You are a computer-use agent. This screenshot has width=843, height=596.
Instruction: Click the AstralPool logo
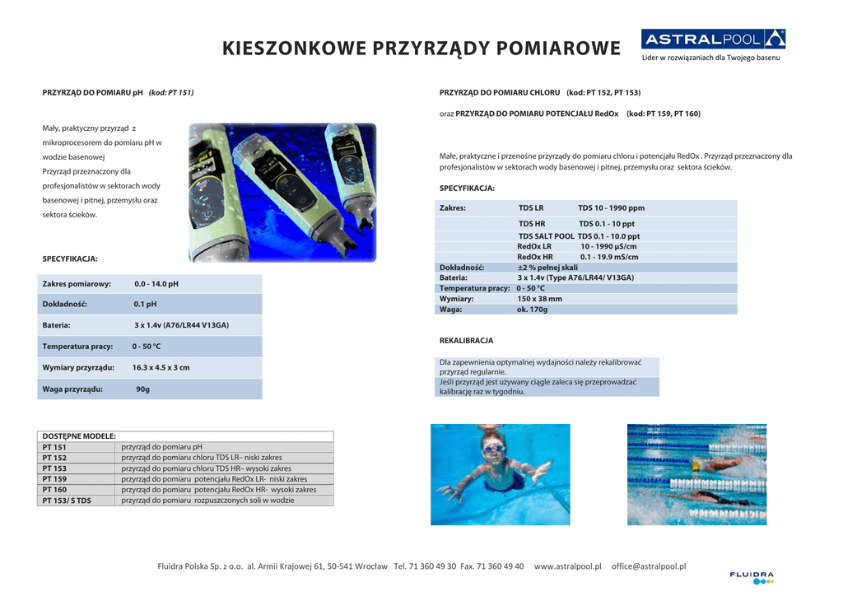click(713, 40)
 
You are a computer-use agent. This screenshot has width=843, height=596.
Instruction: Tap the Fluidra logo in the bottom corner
click(751, 577)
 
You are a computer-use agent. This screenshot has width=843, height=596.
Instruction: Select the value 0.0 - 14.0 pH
click(156, 284)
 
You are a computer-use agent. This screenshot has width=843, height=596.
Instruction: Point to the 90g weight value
click(142, 389)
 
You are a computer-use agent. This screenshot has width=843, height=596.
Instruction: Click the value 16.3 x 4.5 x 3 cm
click(161, 368)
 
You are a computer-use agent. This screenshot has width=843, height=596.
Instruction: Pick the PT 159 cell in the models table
click(55, 478)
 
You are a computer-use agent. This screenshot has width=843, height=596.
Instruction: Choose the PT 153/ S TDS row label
click(67, 500)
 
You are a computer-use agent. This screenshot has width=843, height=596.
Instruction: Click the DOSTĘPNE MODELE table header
click(79, 436)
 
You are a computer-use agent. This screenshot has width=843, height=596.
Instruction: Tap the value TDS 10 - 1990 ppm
click(611, 208)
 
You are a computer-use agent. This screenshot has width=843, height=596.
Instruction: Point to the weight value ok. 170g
click(532, 310)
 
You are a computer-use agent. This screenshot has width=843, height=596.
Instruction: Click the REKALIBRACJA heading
click(466, 340)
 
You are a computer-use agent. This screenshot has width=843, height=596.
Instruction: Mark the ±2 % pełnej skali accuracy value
click(547, 268)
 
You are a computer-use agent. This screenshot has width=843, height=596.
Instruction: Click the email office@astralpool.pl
click(649, 566)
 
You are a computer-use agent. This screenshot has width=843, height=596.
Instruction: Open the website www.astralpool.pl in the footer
click(567, 566)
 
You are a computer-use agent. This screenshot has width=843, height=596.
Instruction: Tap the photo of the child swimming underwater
click(500, 474)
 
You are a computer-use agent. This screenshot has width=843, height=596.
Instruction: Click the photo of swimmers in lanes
click(696, 474)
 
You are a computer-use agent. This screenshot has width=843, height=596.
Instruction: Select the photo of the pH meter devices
click(282, 193)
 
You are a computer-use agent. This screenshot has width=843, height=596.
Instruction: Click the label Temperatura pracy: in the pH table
click(77, 347)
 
